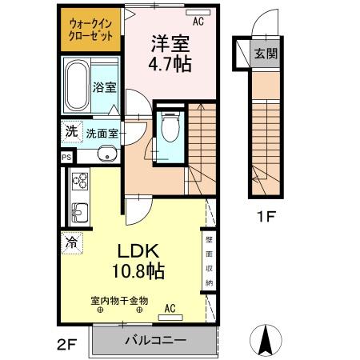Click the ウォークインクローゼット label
(90, 30)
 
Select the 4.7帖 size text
(170, 65)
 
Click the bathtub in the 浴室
(77, 83)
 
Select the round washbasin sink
(105, 155)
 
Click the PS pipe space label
(66, 158)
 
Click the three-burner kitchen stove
(81, 186)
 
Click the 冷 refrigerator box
(71, 241)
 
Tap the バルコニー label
(155, 340)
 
